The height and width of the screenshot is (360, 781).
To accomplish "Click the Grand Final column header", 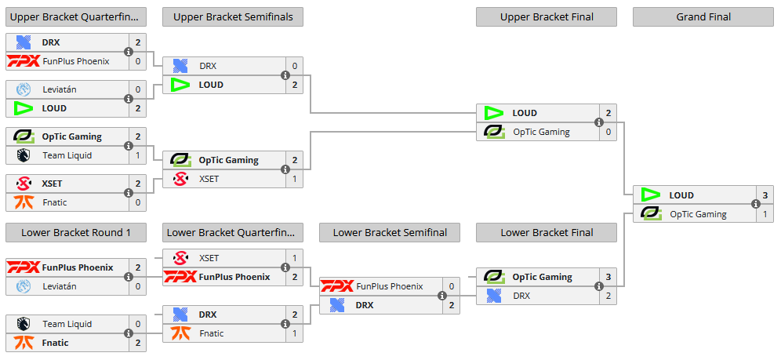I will (x=703, y=16).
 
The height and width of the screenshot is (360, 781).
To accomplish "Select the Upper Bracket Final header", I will (x=546, y=16).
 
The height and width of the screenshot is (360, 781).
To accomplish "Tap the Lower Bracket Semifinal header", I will (x=389, y=232).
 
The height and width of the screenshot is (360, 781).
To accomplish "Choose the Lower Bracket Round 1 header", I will (x=75, y=232).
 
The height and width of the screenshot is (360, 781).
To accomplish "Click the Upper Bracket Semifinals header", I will (x=232, y=16).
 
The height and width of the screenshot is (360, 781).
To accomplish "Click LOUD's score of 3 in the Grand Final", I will (x=765, y=195).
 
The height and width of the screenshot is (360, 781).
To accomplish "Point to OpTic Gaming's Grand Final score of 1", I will (x=765, y=214).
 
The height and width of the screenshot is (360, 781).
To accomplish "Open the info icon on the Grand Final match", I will (x=756, y=205).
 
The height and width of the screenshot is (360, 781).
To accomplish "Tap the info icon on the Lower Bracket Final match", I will (x=599, y=286).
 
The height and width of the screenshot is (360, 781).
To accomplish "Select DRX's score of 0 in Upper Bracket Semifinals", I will (x=295, y=67).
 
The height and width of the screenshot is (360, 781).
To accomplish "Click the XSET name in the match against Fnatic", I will (x=52, y=184).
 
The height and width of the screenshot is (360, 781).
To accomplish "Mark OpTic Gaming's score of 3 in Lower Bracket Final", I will (x=608, y=277).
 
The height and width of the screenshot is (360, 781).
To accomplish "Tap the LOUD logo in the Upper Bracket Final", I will (x=494, y=113).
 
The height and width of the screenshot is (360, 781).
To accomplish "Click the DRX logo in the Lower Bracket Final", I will (x=494, y=296).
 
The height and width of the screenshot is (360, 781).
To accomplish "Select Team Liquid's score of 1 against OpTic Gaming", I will (x=138, y=155).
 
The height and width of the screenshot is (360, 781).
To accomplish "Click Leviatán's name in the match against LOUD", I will (x=60, y=89).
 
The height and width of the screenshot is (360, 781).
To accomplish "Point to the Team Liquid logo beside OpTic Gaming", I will (x=23, y=155).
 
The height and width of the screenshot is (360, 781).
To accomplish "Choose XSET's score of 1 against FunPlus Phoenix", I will (x=295, y=258).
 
